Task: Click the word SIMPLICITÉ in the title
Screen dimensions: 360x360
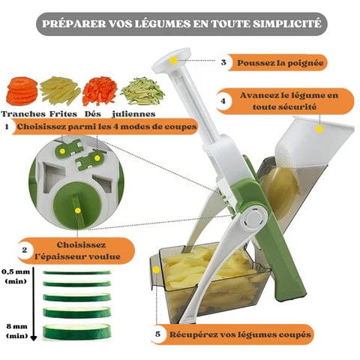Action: pos(286,24)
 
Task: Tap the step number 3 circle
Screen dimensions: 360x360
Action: pos(223,62)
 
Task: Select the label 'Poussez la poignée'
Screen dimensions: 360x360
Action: pos(280,62)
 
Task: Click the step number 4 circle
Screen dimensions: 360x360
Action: pos(223,101)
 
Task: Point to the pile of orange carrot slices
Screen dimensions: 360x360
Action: pos(22,91)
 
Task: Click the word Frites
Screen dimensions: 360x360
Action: pos(63,114)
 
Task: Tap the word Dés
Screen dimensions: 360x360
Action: pos(93,114)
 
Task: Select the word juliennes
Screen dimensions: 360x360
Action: pos(133,114)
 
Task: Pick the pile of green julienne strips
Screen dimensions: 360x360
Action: pos(142,91)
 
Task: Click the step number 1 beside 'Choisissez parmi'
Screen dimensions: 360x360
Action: pos(7,127)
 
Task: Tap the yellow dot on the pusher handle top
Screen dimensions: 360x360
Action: pos(173,60)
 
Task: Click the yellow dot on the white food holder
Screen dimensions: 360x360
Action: pos(319,129)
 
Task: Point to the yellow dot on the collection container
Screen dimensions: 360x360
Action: pos(156,269)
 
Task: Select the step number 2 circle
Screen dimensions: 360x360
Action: pos(25,250)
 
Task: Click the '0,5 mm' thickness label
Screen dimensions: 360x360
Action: pos(16,271)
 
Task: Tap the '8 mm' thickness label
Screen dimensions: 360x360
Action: pos(16,326)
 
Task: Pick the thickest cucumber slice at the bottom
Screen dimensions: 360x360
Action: pos(76,332)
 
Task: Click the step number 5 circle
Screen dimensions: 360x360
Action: pos(157,334)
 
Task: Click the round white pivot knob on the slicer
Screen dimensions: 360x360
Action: pos(254,217)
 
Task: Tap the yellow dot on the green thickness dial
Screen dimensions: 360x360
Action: pos(78,211)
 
